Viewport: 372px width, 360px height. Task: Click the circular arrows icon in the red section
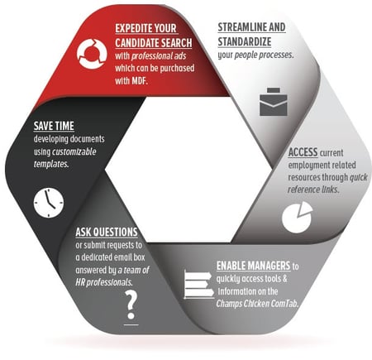(x=92, y=53)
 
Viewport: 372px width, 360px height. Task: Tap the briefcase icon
(x=274, y=102)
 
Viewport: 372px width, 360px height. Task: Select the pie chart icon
(x=298, y=217)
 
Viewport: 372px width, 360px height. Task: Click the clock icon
(x=49, y=203)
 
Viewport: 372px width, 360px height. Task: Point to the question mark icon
(x=131, y=307)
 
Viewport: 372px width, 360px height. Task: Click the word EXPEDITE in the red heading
(x=133, y=28)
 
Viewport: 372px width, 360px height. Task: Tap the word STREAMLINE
(x=242, y=27)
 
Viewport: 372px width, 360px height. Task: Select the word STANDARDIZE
(x=245, y=41)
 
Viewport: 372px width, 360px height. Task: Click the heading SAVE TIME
(x=54, y=126)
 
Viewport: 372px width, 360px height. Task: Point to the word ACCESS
(x=303, y=152)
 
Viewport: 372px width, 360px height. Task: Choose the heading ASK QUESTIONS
(x=107, y=232)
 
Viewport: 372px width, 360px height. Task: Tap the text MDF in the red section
(x=140, y=81)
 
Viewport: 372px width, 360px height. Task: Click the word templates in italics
(x=51, y=164)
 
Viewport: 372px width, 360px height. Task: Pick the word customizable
(x=74, y=151)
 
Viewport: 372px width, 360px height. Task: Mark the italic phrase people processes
(x=264, y=55)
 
